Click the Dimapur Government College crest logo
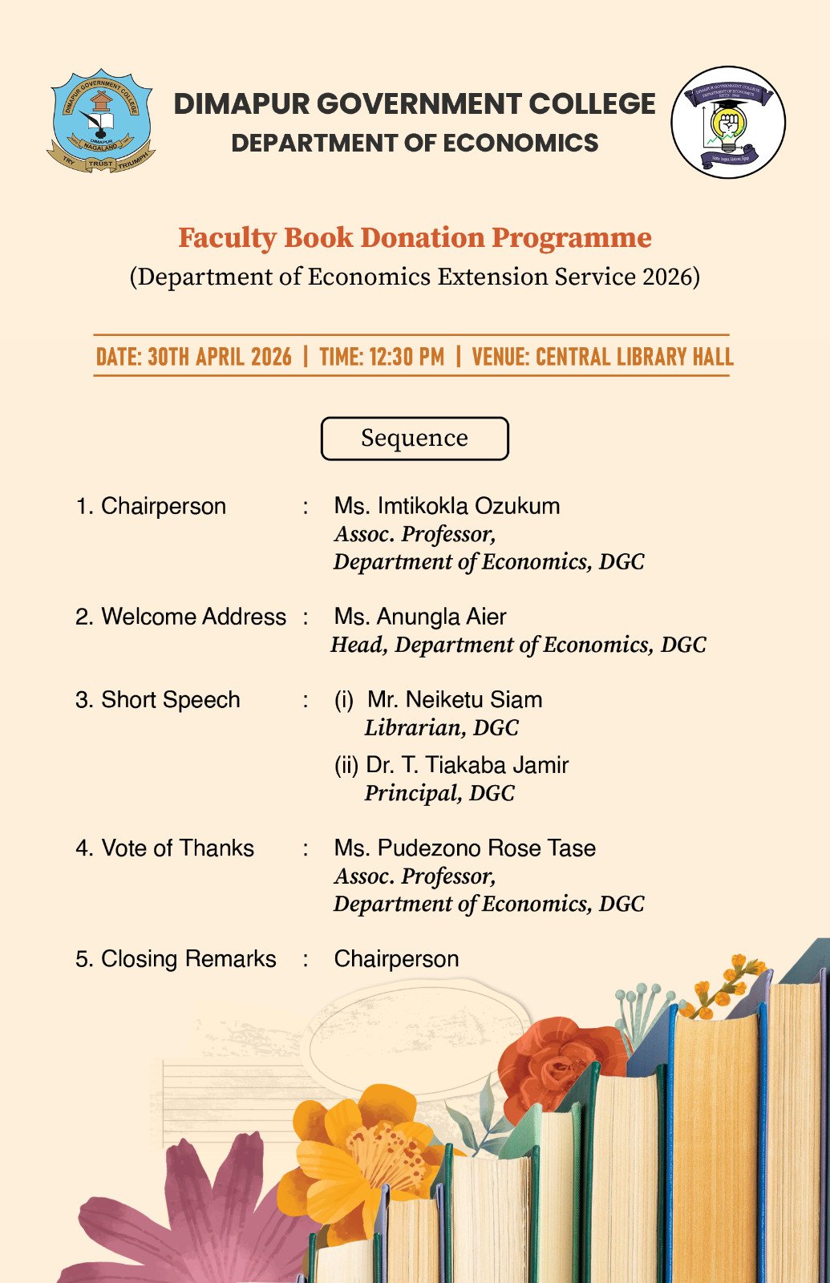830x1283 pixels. tap(101, 120)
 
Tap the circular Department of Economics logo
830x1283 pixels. tap(727, 122)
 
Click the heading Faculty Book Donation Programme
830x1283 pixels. tap(415, 238)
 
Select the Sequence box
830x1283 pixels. tap(415, 439)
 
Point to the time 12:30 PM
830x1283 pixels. tap(382, 357)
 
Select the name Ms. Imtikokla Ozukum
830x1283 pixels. tap(447, 506)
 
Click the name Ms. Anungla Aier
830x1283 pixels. tap(420, 617)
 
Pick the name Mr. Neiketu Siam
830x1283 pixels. tap(455, 699)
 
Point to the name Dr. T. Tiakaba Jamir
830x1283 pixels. tap(467, 765)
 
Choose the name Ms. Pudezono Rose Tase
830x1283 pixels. tap(464, 848)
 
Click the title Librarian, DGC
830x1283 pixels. tap(441, 728)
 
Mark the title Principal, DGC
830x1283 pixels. tap(439, 794)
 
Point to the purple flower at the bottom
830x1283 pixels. tap(192, 1219)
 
